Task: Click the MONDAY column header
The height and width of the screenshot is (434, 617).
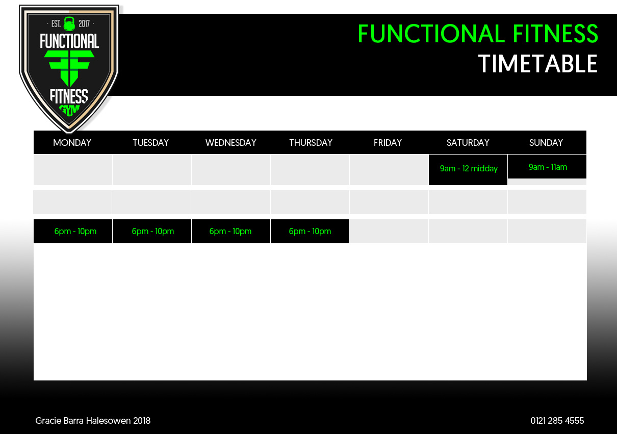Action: [72, 143]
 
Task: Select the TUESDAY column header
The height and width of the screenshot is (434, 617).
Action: [150, 143]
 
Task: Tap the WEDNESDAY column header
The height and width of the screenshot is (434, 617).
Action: [231, 143]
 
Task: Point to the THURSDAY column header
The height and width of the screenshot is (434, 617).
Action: [311, 143]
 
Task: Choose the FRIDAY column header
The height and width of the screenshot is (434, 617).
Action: [388, 143]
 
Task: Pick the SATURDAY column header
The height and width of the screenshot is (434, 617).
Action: [468, 143]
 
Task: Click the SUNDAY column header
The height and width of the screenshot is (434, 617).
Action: [546, 143]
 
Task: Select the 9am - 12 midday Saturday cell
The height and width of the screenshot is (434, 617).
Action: [468, 170]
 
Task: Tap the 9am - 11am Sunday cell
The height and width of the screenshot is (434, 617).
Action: [547, 167]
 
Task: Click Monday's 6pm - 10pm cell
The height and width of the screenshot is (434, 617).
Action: [73, 231]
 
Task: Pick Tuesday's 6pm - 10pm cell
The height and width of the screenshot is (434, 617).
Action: [152, 231]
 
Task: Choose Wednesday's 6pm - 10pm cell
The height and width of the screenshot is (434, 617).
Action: [231, 231]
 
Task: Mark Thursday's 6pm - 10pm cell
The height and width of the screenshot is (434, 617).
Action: [310, 231]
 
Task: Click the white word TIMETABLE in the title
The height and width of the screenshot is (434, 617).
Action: [537, 64]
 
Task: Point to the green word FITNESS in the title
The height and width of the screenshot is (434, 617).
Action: [555, 33]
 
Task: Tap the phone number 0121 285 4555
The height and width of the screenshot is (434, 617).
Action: [557, 421]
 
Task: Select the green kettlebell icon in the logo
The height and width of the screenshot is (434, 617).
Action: [69, 23]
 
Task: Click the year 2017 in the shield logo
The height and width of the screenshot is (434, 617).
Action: [84, 23]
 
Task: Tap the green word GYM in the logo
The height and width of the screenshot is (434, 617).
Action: [69, 110]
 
